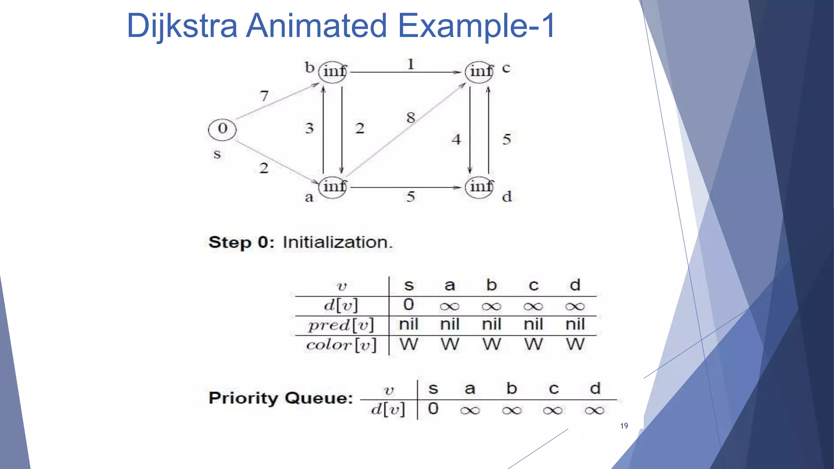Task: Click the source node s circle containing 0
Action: pos(222,129)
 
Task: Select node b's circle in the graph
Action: pos(333,72)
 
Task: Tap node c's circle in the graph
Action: pos(479,72)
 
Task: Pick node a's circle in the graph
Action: pos(333,187)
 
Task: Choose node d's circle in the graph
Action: pos(479,187)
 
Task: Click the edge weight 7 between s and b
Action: pos(264,96)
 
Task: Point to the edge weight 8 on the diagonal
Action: pos(410,118)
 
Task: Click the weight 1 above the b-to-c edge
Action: pos(410,64)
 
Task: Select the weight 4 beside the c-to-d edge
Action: pos(456,140)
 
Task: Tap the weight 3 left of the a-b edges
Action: pos(309,128)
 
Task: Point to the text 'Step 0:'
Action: pos(241,242)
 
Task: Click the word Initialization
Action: pos(338,242)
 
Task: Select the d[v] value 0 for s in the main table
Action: pos(408,305)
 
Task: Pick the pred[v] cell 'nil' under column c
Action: pos(533,324)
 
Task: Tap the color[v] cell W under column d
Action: pos(575,344)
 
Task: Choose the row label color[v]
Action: pos(341,345)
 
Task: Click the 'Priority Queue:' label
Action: pos(281,398)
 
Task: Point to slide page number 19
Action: pos(624,426)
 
